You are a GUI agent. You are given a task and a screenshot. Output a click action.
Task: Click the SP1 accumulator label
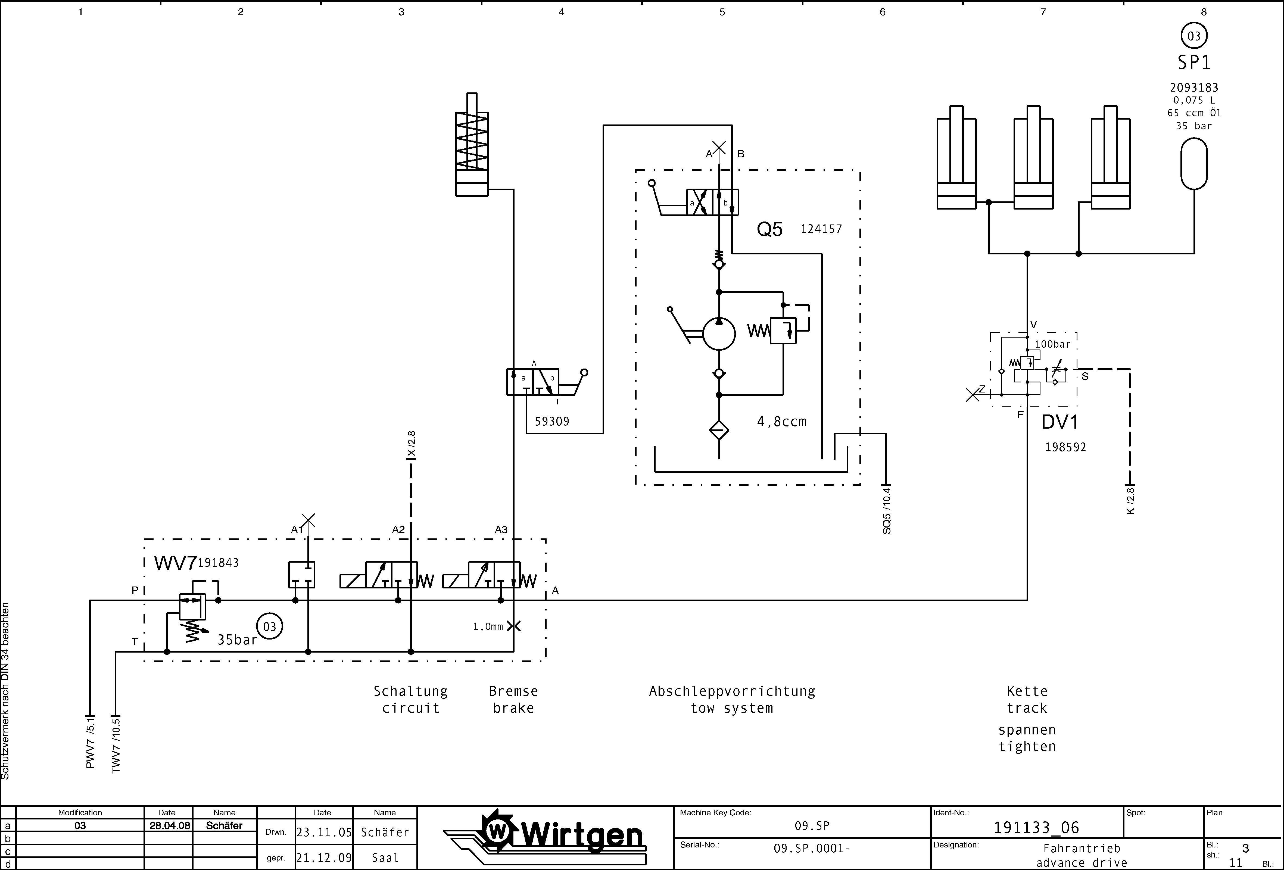[1194, 63]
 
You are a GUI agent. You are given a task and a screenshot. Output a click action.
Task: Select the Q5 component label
[770, 229]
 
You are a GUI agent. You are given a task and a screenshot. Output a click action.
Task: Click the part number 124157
[821, 229]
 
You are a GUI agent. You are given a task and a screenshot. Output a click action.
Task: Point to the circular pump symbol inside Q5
[719, 334]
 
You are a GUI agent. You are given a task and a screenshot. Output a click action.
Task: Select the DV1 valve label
[1060, 422]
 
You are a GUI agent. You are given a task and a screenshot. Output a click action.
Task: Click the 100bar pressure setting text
[1052, 344]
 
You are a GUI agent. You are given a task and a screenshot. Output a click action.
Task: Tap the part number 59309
[551, 422]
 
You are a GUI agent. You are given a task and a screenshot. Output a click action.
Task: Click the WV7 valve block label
[175, 563]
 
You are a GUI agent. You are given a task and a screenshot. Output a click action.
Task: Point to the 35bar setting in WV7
[237, 640]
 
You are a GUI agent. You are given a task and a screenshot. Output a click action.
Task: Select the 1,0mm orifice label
[488, 626]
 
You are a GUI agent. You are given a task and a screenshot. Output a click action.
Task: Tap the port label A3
[501, 529]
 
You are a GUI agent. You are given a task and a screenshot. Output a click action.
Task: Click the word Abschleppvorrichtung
[732, 691]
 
